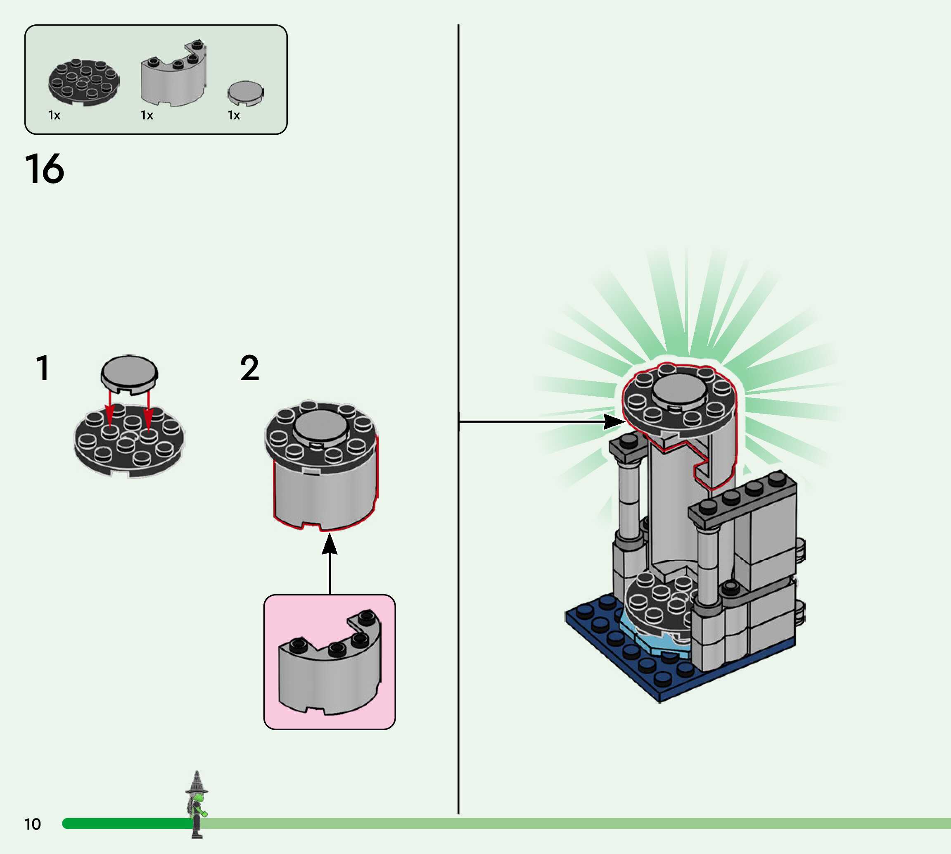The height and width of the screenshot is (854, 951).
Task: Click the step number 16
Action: coord(44,169)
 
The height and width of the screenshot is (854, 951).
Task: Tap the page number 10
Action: coord(32,824)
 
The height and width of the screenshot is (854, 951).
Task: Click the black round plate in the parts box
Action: coord(84,82)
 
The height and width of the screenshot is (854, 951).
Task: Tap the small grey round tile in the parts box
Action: coord(246,92)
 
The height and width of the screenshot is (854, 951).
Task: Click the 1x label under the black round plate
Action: coord(55,115)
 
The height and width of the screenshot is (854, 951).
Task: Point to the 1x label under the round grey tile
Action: coord(234,115)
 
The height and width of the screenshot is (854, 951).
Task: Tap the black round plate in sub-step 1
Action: coord(129,443)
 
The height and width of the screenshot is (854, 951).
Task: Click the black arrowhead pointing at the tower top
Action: coord(613,421)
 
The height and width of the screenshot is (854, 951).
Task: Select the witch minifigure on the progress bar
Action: coord(197,804)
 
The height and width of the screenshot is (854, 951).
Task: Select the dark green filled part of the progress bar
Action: coord(127,823)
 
